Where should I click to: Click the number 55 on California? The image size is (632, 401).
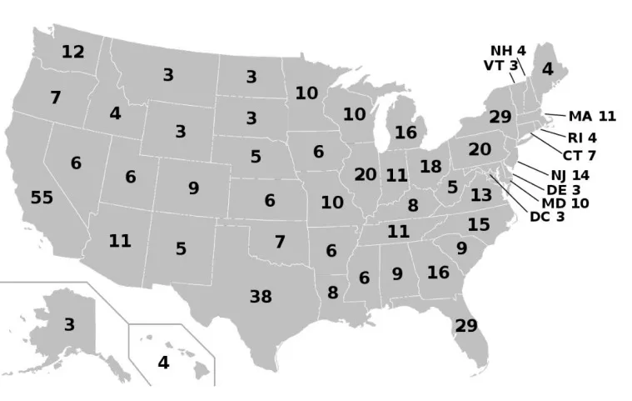tap(42, 198)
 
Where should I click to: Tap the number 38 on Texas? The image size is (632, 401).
tap(261, 295)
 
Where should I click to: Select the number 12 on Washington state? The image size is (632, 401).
tap(72, 52)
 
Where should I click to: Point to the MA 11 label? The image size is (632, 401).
tap(592, 116)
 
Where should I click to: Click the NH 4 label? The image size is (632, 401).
tap(507, 50)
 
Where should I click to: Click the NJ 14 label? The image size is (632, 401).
tap(570, 175)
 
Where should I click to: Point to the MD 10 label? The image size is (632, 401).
tap(565, 203)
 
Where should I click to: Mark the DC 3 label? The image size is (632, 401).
tap(548, 218)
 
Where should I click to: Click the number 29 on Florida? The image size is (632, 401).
tap(466, 325)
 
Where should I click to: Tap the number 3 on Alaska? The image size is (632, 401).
tap(69, 324)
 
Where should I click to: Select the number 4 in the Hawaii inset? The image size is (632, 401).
tap(163, 363)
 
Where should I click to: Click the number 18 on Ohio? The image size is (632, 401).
tap(430, 166)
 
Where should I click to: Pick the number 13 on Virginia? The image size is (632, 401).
tap(481, 195)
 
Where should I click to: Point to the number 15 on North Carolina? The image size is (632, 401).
tap(478, 224)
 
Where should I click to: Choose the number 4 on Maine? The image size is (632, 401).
tap(547, 69)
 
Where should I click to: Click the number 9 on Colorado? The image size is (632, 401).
tap(193, 188)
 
